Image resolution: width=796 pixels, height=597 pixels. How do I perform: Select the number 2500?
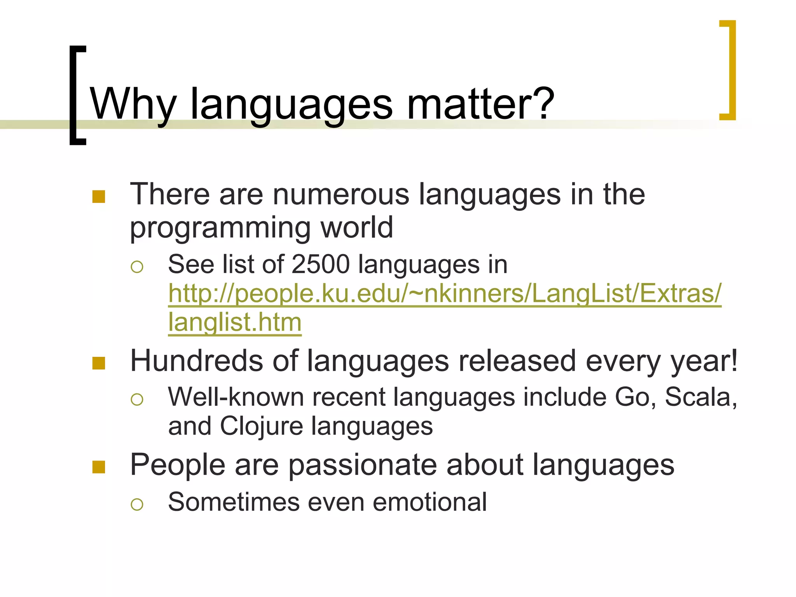coord(320,265)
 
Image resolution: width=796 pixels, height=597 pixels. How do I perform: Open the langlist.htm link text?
coord(235,322)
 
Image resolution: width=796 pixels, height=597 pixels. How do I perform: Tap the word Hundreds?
coord(196,361)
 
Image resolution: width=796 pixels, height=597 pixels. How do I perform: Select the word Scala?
coord(698,397)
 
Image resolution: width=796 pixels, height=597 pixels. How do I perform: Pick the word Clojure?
coord(261,426)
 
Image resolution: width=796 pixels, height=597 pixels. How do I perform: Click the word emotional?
coord(429,502)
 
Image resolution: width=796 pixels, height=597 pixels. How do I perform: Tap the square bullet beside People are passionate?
coord(99,467)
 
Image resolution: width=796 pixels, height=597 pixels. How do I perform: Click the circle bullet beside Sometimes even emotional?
coord(137,504)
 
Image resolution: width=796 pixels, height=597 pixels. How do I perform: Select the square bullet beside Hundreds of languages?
coord(99,363)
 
